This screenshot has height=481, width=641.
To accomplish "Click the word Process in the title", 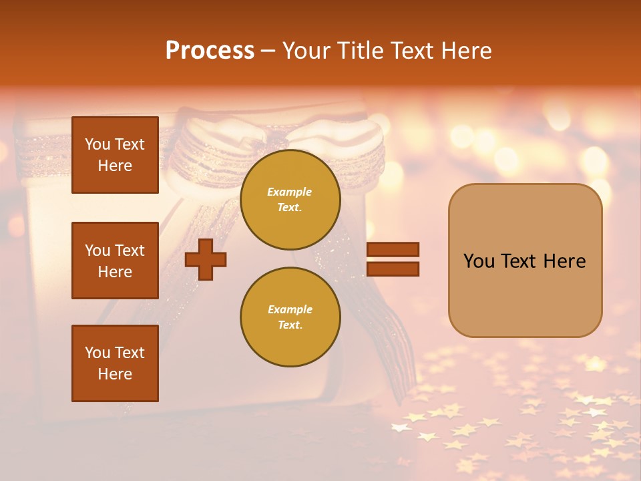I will tap(210, 51).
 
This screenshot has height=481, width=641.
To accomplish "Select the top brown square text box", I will tap(115, 155).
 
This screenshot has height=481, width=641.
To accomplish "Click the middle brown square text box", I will tap(115, 261).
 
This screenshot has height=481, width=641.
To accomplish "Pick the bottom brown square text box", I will tap(115, 363).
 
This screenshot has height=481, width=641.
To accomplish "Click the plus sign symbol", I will tap(206, 260).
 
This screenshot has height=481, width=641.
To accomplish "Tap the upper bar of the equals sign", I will tap(393, 250).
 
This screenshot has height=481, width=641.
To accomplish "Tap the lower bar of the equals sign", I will tap(393, 269).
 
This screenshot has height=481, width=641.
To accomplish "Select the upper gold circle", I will tap(290, 200).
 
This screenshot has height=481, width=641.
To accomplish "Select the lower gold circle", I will tap(290, 317).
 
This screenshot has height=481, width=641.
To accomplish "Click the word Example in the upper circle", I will tap(290, 192).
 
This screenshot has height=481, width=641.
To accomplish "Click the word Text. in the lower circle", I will tap(290, 325).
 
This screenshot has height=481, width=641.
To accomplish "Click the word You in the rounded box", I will tap(479, 261).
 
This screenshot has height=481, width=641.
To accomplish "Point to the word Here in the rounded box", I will tap(564, 261).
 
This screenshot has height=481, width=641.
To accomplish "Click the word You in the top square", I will tap(97, 144).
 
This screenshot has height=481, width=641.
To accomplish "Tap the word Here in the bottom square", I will tap(115, 374).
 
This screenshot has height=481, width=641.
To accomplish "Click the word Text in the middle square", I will tap(130, 251).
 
